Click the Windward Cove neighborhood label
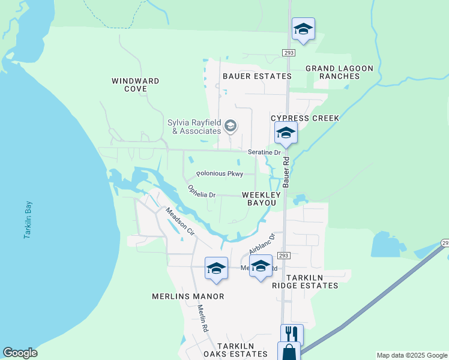[x=136, y=85]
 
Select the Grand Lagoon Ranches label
[x=339, y=72]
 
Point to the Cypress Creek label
[x=305, y=118]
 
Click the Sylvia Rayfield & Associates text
[x=194, y=127]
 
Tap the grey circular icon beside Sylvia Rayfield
[x=231, y=127]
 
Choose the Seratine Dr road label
[x=265, y=153]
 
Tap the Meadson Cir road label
[x=180, y=221]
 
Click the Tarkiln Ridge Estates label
[x=305, y=282]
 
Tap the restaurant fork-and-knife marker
[x=292, y=334]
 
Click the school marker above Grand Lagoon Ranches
[x=303, y=28]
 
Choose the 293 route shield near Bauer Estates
[x=289, y=53]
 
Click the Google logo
[x=20, y=353]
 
